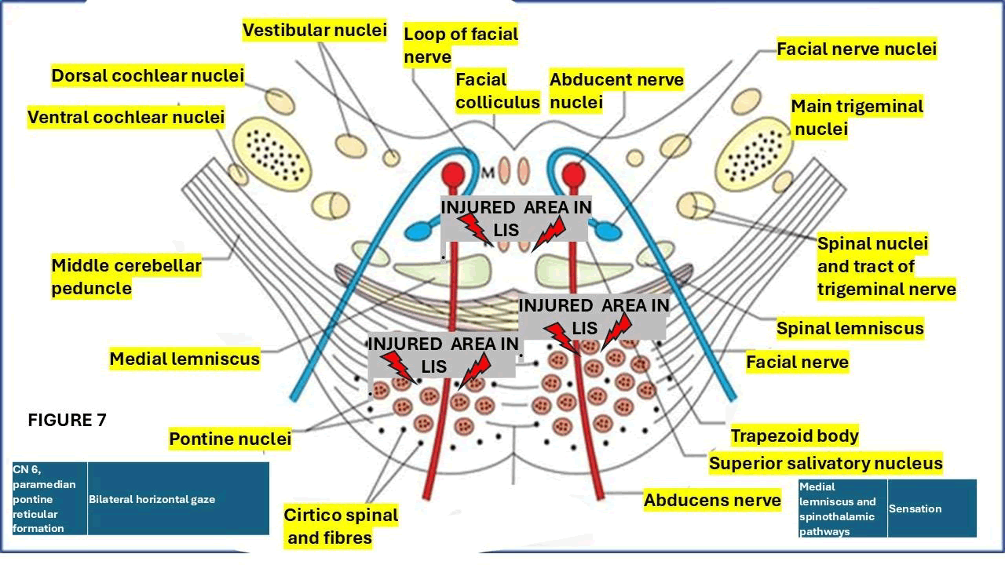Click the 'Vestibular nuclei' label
314,31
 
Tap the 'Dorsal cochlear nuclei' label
148,76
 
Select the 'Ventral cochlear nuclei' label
126,118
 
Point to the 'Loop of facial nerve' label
460,46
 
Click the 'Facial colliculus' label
497,90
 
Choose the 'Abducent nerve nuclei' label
616,90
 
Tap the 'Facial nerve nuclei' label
856,49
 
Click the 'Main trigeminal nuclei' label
856,117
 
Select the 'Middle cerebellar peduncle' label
126,277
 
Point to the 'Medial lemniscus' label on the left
184,359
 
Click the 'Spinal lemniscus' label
850,328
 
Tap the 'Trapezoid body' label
794,436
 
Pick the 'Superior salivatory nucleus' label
824,464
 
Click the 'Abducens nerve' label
711,500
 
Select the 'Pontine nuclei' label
229,439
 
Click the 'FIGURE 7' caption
67,421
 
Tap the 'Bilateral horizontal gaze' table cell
152,499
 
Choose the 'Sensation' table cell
915,508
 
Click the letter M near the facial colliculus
486,172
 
